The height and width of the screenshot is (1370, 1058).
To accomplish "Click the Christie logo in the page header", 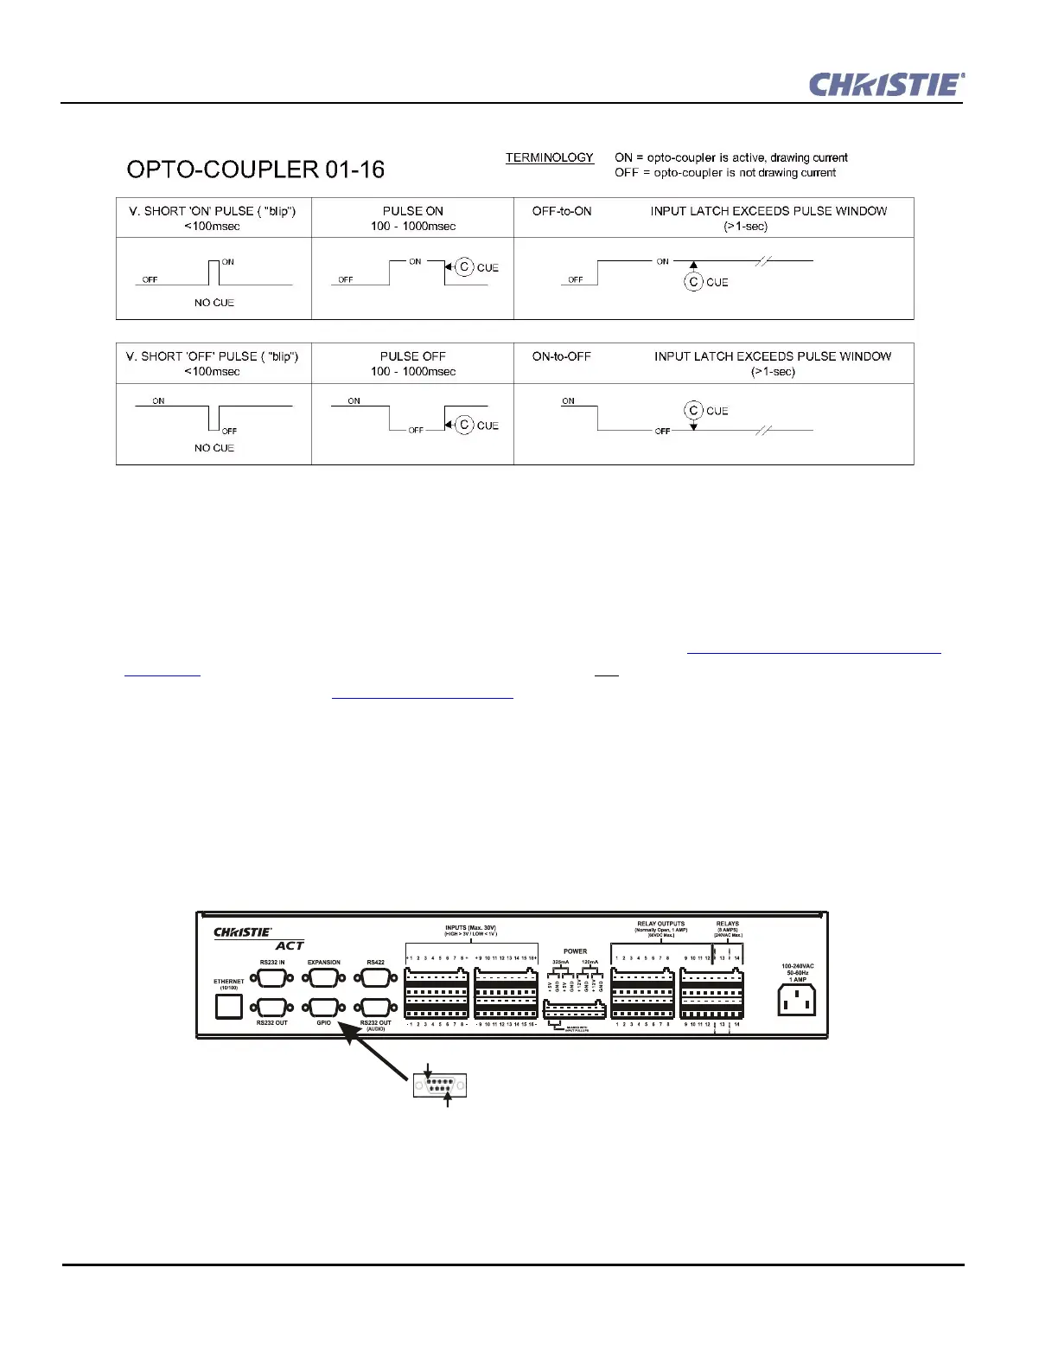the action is coord(886,85).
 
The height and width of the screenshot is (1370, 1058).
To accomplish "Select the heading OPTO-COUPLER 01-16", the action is coord(255,170).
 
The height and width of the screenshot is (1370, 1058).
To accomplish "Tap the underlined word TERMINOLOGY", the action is coord(550,157).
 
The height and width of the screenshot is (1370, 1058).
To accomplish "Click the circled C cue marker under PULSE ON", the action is coord(464,267).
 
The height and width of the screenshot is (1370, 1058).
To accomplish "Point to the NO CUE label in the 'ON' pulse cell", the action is coord(214,303).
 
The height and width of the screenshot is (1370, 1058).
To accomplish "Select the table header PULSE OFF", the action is coord(413,356).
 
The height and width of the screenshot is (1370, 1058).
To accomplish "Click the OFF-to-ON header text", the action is coord(562,211).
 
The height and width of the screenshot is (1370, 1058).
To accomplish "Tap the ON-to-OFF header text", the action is coord(562,356).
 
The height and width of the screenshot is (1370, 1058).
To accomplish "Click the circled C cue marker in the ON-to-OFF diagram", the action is coord(693,411).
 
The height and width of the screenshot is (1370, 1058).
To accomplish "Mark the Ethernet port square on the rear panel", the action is coord(229,1007).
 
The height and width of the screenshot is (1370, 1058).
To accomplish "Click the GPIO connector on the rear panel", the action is coord(323,1008).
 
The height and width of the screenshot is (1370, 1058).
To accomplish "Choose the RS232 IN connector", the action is coord(271,978).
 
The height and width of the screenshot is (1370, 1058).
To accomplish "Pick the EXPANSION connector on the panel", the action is coord(323,978).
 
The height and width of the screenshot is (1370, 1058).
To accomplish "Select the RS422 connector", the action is coord(375,978).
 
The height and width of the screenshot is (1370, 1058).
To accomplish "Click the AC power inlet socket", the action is coord(796,1002).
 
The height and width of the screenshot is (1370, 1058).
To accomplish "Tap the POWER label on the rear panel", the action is coord(575,951).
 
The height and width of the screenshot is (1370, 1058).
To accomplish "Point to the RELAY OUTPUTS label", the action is coord(660,924).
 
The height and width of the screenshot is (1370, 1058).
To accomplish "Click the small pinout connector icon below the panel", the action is coord(440,1085).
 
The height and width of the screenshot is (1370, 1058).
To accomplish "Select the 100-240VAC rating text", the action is coord(797,966).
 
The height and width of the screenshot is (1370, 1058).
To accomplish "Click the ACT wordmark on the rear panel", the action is coord(290,946).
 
